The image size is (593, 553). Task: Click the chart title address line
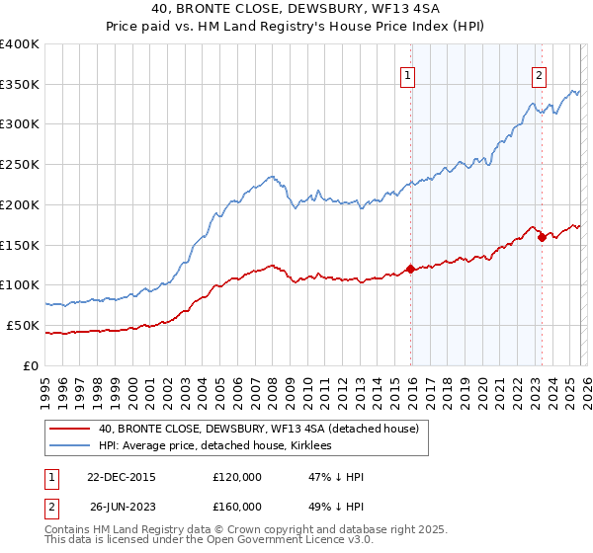click(296, 11)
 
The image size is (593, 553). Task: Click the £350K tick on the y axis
click(20, 85)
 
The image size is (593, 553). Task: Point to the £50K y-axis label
click(23, 325)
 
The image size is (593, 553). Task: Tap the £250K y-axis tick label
click(20, 165)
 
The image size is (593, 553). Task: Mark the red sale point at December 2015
click(410, 269)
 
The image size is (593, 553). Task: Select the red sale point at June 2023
click(542, 236)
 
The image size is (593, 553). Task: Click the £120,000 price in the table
click(237, 477)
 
